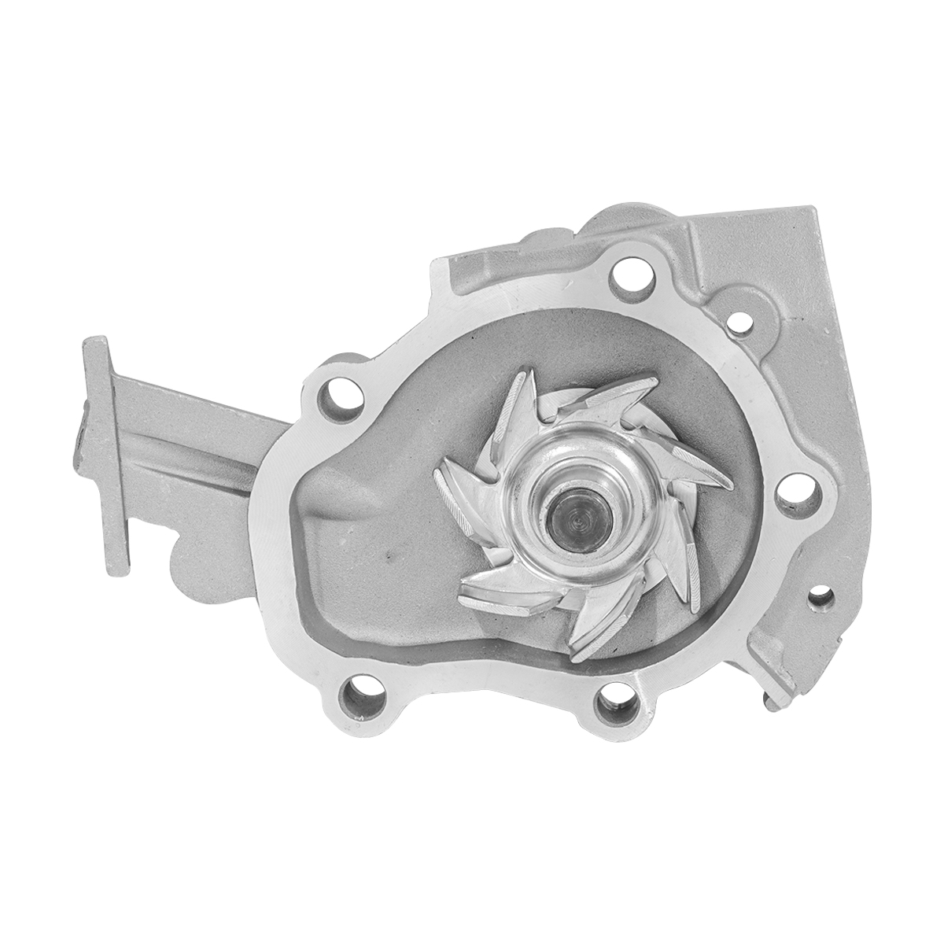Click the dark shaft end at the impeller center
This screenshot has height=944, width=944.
577,522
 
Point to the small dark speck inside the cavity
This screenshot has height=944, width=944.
389,561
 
